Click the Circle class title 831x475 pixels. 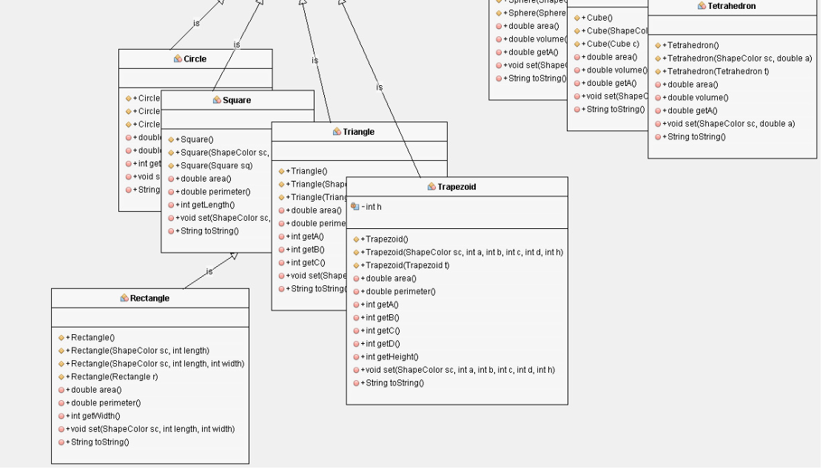click(195, 59)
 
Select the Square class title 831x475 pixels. click(237, 100)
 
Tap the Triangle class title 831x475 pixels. click(359, 132)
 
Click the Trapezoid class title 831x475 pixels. click(457, 187)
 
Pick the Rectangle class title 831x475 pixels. click(149, 298)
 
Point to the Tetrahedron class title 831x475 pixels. click(731, 6)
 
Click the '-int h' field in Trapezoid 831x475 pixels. click(371, 207)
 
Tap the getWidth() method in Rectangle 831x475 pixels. click(94, 416)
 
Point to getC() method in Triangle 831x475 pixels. click(305, 262)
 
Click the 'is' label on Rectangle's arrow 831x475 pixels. click(209, 272)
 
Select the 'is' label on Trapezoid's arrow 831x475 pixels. click(380, 87)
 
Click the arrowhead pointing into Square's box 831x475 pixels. click(234, 256)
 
